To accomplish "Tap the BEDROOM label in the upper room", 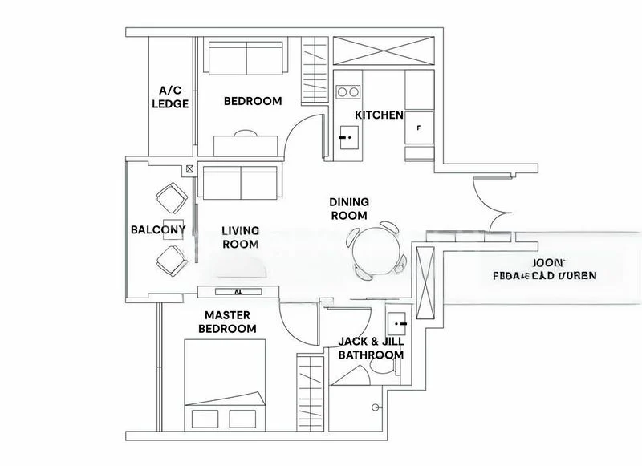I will pos(252,101).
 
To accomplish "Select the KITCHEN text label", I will pos(379,115).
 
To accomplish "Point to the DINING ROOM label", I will pos(348,209).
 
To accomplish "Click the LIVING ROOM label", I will pos(240,237).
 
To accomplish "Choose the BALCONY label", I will pos(158,229).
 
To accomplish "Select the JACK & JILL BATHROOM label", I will pos(370,347).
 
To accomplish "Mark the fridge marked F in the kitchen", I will pos(419,128).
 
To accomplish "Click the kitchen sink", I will pos(347,137).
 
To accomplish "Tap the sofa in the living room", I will pos(241,182).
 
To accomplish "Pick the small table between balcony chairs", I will pos(173,228).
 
